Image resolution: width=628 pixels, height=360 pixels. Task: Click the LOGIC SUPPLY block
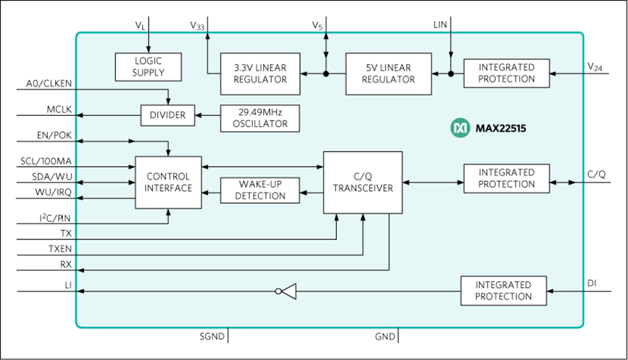[148, 67]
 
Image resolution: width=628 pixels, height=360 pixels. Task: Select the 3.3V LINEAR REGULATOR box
[260, 74]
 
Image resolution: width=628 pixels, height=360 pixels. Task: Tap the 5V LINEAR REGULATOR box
[388, 74]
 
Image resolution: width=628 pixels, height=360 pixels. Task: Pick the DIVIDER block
[167, 115]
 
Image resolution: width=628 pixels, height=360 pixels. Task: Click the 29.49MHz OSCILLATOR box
[260, 118]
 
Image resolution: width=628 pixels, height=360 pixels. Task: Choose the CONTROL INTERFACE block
[168, 182]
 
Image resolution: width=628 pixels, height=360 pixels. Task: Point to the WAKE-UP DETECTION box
[260, 189]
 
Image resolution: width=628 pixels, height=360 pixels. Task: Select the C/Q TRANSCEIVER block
[363, 182]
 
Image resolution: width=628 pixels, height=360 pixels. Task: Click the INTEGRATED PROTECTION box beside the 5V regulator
[506, 73]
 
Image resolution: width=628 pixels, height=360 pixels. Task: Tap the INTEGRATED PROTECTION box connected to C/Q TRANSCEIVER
[506, 178]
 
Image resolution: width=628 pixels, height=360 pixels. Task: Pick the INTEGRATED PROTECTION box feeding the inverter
[503, 290]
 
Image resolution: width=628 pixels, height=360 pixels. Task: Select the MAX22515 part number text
[501, 128]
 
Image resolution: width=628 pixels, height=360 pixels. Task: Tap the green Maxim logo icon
[460, 128]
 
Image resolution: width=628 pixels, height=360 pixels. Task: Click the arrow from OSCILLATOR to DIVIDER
[207, 115]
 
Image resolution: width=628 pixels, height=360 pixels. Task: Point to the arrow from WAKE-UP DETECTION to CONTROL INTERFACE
[211, 193]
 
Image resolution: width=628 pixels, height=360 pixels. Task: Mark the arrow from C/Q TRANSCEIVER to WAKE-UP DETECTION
[311, 193]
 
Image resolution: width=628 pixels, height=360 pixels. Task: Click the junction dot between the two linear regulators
[326, 74]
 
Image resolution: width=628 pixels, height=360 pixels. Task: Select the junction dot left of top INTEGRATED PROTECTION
[450, 74]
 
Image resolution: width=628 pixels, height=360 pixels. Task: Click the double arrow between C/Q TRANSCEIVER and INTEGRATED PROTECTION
[433, 183]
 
